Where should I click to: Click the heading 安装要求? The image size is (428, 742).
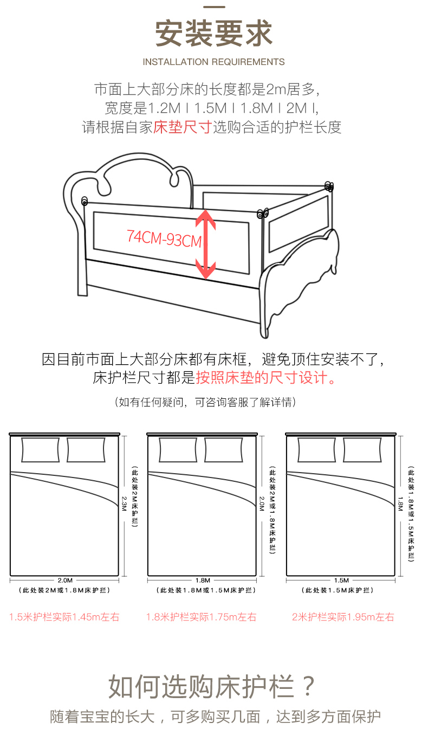[214, 33]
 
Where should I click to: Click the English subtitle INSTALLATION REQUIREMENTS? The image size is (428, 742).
[213, 62]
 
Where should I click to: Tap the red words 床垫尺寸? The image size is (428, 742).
[183, 127]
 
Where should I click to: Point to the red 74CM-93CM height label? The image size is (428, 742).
[164, 238]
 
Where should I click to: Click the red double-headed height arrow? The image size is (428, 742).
[205, 244]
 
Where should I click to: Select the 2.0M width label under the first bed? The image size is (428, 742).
[65, 580]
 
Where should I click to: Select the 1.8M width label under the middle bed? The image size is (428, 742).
[203, 580]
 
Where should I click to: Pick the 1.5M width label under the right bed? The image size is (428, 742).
[341, 580]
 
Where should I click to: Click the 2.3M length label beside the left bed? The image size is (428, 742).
[124, 504]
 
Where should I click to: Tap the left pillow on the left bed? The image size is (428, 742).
[41, 450]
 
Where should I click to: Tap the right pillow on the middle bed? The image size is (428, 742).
[224, 450]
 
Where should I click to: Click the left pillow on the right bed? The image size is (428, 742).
[317, 450]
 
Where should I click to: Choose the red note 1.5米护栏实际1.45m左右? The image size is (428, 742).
[64, 617]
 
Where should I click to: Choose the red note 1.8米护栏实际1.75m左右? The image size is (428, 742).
[201, 617]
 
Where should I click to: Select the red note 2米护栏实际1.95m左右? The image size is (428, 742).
[343, 617]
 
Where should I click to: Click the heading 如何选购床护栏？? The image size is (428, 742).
[212, 687]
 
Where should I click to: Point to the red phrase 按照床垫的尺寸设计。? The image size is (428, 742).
[266, 377]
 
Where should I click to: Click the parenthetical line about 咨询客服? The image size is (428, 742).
[205, 402]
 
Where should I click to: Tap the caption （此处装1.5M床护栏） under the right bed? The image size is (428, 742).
[338, 590]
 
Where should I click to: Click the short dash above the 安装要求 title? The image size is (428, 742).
[214, 7]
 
